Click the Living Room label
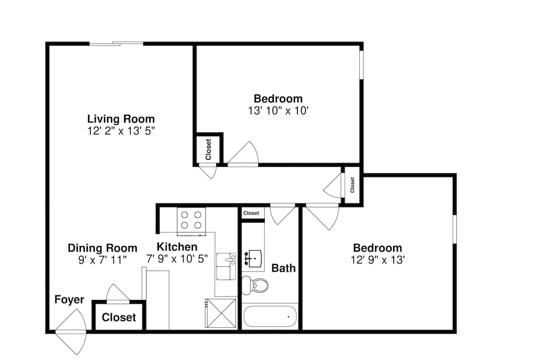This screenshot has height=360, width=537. [x=121, y=119]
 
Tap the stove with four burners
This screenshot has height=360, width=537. [x=191, y=221]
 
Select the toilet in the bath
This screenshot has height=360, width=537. [x=255, y=285]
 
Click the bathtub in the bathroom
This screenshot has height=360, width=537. [x=270, y=316]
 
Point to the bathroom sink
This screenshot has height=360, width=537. [x=253, y=259]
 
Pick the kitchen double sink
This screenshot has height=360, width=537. [x=226, y=266]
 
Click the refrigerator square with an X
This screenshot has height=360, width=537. [x=221, y=313]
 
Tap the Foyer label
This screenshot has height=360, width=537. [x=69, y=299]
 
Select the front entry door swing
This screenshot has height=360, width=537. [x=71, y=332]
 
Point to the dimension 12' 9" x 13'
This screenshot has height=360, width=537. [x=378, y=260]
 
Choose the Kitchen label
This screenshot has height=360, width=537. [x=177, y=247]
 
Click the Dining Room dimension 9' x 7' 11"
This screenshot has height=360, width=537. [x=103, y=260]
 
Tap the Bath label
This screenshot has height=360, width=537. [x=284, y=268]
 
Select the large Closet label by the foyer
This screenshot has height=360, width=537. [x=119, y=317]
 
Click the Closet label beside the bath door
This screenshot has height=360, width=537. [x=251, y=213]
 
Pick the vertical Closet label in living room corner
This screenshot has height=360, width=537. [x=208, y=149]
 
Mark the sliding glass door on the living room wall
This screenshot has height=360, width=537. [x=117, y=43]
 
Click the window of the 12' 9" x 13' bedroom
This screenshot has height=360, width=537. [x=454, y=229]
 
